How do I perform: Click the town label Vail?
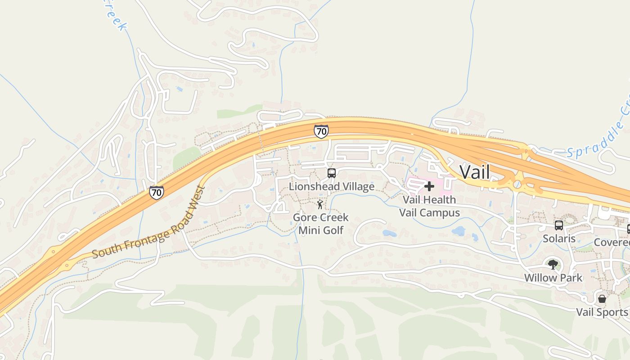click(474, 172)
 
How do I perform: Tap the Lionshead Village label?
click(332, 186)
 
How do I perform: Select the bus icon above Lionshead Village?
click(332, 173)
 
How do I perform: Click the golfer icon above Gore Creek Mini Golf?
click(320, 205)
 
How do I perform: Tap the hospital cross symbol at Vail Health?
click(429, 186)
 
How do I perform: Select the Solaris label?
click(559, 238)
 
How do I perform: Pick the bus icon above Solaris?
click(559, 225)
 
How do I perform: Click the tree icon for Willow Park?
click(553, 265)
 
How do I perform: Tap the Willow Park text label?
click(553, 278)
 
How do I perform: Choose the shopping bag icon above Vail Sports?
click(602, 299)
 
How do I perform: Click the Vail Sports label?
click(602, 312)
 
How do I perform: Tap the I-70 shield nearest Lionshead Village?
click(321, 131)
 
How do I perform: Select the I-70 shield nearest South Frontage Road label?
click(156, 193)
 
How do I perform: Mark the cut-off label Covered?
click(612, 243)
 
